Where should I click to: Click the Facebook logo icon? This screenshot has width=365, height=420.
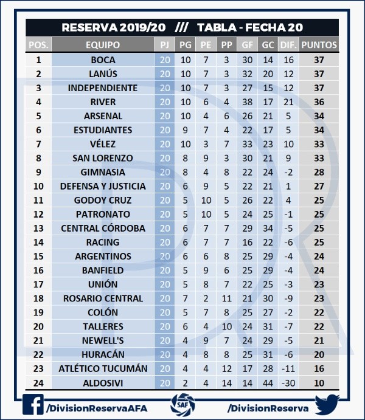[33, 405]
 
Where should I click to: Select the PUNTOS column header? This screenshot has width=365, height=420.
[319, 45]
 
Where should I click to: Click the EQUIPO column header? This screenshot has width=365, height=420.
[103, 45]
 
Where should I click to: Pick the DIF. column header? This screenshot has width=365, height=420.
[288, 45]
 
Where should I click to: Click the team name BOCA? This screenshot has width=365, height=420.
[103, 60]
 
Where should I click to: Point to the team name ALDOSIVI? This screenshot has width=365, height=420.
[103, 382]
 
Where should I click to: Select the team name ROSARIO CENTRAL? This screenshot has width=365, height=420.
[103, 298]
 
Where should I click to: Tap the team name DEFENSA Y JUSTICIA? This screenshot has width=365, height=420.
[103, 186]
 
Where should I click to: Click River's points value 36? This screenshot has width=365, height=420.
[319, 102]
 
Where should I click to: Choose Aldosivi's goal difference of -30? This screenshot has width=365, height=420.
[288, 382]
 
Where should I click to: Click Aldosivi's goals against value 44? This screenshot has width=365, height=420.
[268, 382]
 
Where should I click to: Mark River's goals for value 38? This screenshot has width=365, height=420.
[247, 102]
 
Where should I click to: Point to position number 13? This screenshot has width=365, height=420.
[39, 228]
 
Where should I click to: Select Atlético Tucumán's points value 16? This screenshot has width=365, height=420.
[319, 368]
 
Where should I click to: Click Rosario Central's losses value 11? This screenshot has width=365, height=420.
[226, 298]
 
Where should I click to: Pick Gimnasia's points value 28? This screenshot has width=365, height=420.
[319, 172]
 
